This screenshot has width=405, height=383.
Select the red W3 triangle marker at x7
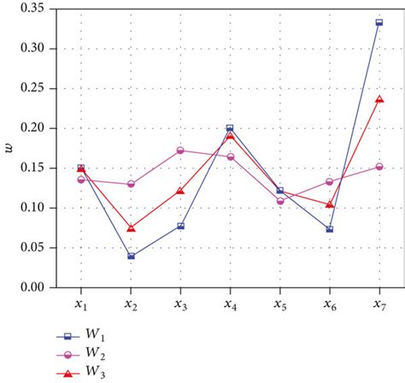pyautogui.click(x=379, y=99)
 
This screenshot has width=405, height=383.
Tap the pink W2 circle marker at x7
pyautogui.click(x=379, y=167)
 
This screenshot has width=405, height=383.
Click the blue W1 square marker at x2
pyautogui.click(x=130, y=256)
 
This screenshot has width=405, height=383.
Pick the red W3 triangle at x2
pyautogui.click(x=130, y=228)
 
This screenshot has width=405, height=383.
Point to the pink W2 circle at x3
pyautogui.click(x=180, y=150)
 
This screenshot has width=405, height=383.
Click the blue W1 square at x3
pyautogui.click(x=180, y=226)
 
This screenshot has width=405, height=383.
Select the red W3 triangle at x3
pyautogui.click(x=180, y=191)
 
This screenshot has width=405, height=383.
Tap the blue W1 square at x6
pyautogui.click(x=330, y=229)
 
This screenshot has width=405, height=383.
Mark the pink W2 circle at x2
pyautogui.click(x=130, y=184)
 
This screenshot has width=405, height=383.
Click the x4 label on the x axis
pyautogui.click(x=230, y=304)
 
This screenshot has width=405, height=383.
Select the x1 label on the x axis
pyautogui.click(x=80, y=304)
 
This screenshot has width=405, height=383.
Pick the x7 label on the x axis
pyautogui.click(x=379, y=304)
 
